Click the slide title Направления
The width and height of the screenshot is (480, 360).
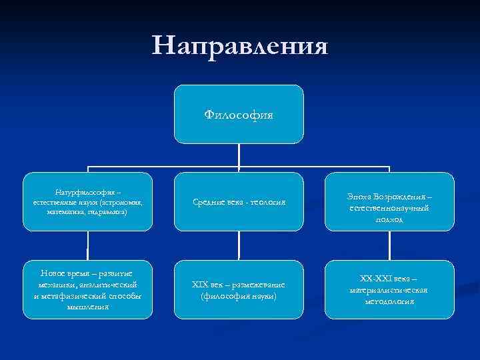[240, 46]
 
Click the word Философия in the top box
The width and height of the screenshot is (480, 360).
[239, 115]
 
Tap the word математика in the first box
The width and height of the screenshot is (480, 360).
[65, 210]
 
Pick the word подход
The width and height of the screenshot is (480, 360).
[388, 219]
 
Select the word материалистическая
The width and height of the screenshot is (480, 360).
[388, 290]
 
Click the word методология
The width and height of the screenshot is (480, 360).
[388, 301]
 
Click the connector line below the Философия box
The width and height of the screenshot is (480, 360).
[239, 158]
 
